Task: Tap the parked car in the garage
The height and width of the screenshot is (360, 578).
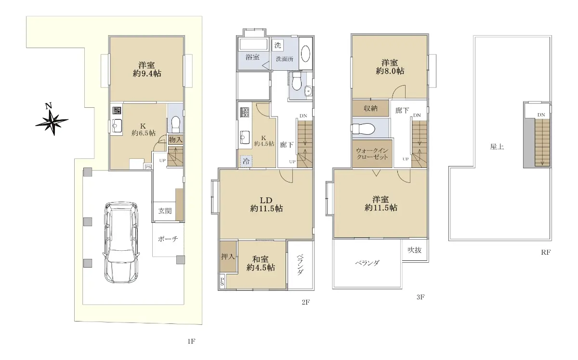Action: tap(121, 243)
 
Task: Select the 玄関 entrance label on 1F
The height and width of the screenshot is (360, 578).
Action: tap(165, 211)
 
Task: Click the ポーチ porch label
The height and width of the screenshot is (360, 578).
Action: tap(168, 239)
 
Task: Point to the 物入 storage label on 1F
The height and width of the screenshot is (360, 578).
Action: tap(175, 140)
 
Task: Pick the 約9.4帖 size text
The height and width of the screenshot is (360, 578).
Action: tap(147, 74)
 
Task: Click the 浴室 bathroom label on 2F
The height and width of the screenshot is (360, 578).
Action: tap(252, 57)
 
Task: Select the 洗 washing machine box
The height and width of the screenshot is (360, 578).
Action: tap(277, 45)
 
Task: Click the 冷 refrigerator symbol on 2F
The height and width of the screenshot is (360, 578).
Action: tap(246, 161)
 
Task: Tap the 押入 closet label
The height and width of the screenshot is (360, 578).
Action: tap(228, 257)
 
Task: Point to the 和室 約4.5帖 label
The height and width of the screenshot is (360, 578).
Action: tap(261, 263)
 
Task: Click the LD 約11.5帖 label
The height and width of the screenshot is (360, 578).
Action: tap(266, 204)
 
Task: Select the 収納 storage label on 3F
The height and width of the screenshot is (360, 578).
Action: tap(370, 108)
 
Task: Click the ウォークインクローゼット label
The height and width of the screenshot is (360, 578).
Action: tap(372, 154)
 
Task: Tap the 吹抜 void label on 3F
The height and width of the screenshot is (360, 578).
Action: tap(414, 250)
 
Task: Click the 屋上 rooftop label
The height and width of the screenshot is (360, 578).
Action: tap(497, 147)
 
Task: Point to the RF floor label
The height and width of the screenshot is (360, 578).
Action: tap(546, 253)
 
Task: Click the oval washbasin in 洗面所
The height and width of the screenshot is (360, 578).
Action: tap(305, 53)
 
